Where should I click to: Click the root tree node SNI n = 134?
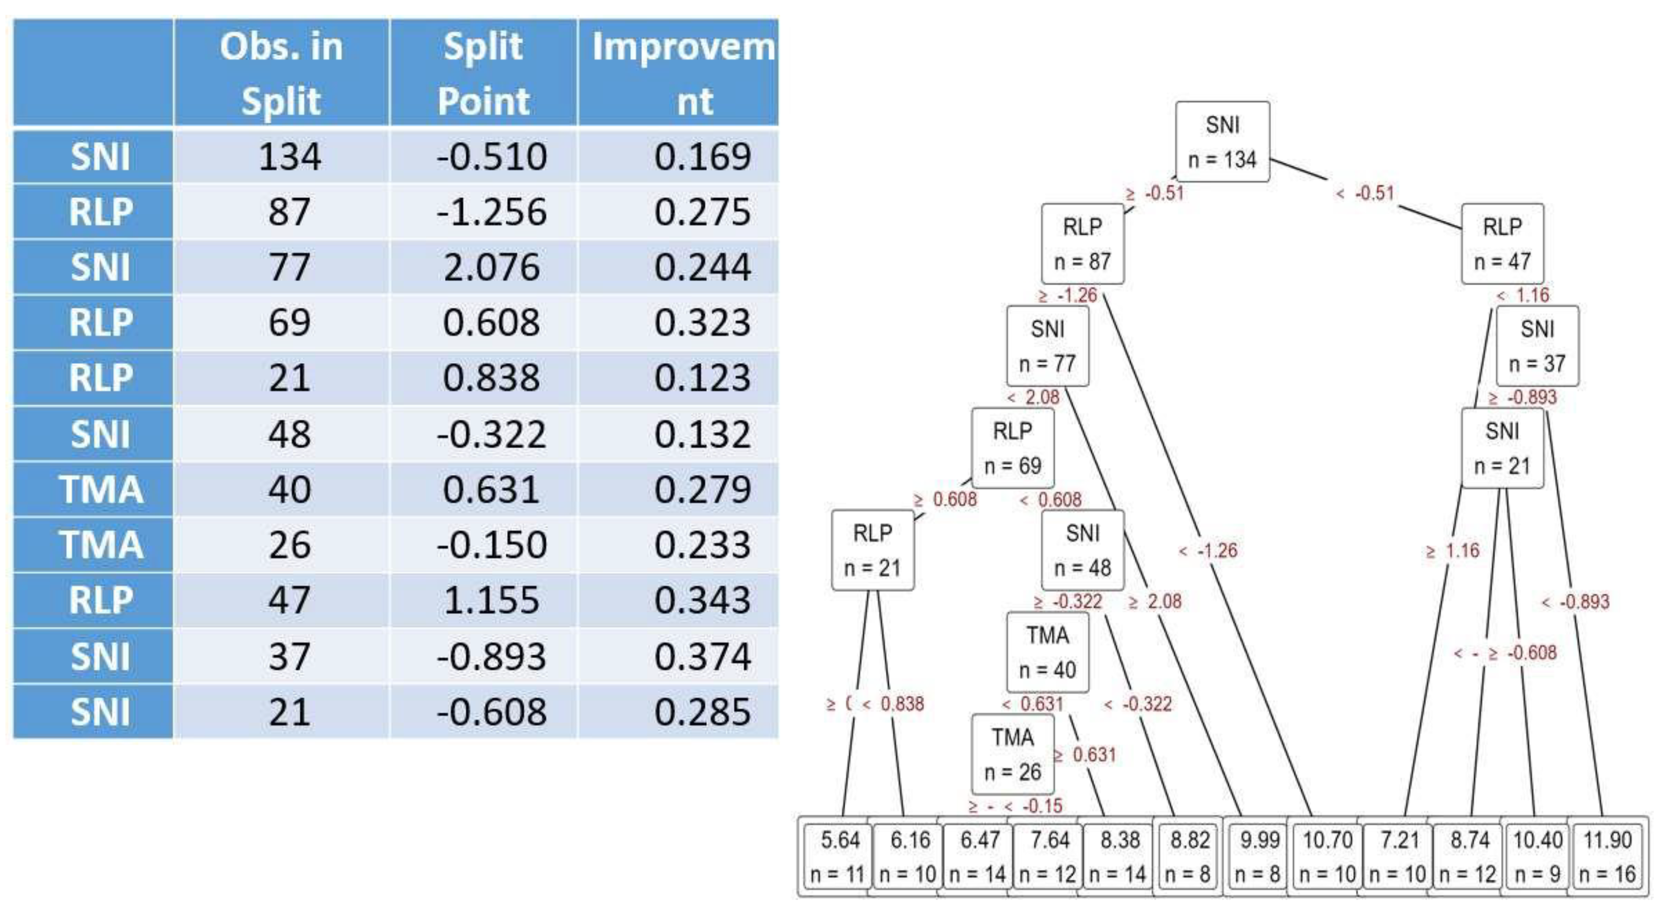pyautogui.click(x=1222, y=141)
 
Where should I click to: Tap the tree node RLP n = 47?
pyautogui.click(x=1502, y=244)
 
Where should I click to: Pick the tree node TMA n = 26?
pyautogui.click(x=1012, y=754)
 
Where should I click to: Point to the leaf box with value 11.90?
pyautogui.click(x=1607, y=856)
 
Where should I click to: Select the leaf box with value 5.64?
pyautogui.click(x=839, y=856)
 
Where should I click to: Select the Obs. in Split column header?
pyautogui.click(x=281, y=73)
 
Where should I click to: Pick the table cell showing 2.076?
pyautogui.click(x=491, y=267)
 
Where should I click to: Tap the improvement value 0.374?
pyautogui.click(x=702, y=656)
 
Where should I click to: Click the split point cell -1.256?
pyautogui.click(x=491, y=211)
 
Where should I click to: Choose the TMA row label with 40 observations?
pyautogui.click(x=100, y=489)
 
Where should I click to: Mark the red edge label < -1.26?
pyautogui.click(x=1209, y=550)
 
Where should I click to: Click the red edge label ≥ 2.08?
pyautogui.click(x=1155, y=602)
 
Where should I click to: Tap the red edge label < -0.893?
pyautogui.click(x=1576, y=602)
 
